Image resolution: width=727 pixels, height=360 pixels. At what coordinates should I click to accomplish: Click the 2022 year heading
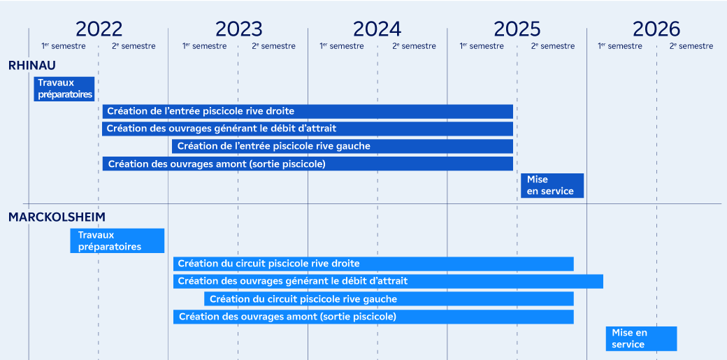pos(99,29)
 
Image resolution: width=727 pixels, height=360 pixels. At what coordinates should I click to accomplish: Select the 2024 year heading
pos(377,29)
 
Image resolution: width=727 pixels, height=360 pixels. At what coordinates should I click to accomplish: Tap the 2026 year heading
pos(656,29)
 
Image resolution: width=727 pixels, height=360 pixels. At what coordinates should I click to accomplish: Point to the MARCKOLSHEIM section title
pos(57,217)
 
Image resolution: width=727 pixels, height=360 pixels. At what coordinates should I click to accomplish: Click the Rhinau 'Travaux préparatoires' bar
pos(64,89)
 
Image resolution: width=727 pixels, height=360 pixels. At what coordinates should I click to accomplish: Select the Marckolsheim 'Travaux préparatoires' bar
pos(117,240)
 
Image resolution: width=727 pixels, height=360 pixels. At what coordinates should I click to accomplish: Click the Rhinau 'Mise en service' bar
pos(552,185)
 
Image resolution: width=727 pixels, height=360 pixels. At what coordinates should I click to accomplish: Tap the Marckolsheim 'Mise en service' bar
pos(641,338)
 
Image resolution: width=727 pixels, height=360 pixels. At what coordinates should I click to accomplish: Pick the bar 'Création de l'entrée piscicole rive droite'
pos(308,112)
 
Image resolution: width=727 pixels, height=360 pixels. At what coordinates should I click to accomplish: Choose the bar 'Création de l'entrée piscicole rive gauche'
pos(343,147)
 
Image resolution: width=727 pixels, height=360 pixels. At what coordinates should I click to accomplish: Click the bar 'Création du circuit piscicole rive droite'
pos(374,264)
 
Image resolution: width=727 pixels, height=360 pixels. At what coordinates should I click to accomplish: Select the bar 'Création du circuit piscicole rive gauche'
pos(389,299)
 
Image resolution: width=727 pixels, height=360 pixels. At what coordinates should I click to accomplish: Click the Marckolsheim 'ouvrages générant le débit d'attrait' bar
pos(389,282)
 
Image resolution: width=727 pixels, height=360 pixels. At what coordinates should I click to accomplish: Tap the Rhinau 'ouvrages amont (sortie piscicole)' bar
pos(308,164)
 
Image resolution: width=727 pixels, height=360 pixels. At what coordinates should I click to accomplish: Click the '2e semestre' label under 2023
pos(273,46)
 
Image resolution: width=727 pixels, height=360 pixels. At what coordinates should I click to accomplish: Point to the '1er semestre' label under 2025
pos(481,46)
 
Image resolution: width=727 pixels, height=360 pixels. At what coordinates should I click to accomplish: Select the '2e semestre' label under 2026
pos(691,46)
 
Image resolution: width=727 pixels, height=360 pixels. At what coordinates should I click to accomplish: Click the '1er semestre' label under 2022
pos(64,46)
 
